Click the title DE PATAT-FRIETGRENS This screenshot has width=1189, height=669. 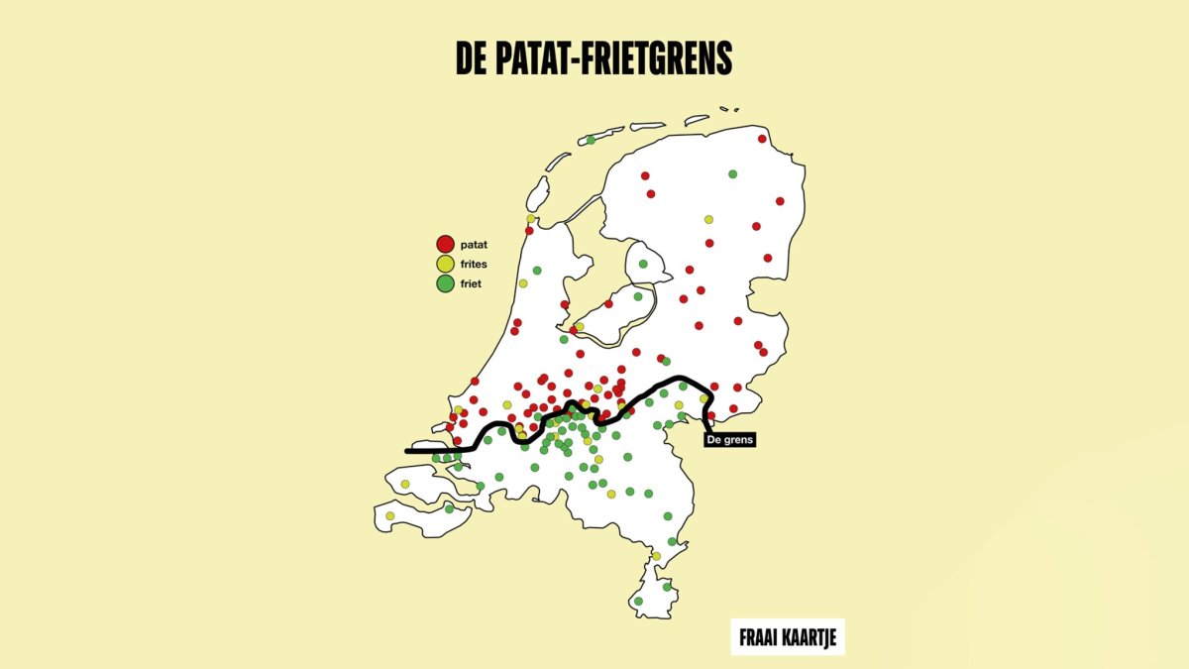(594, 59)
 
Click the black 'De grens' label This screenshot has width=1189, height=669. (730, 438)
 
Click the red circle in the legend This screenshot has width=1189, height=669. (445, 244)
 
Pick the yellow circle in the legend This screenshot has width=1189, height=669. (445, 264)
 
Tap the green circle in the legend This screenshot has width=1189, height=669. (445, 283)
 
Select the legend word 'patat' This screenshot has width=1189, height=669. (475, 244)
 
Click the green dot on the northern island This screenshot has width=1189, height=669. (591, 140)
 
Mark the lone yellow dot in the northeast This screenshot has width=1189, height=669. (708, 219)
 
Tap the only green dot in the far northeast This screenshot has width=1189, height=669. (732, 174)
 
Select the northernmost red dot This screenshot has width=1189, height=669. (761, 141)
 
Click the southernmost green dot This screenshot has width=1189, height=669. (638, 601)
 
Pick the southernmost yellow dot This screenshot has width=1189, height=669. (656, 556)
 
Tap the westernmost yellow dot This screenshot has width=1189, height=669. (390, 515)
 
